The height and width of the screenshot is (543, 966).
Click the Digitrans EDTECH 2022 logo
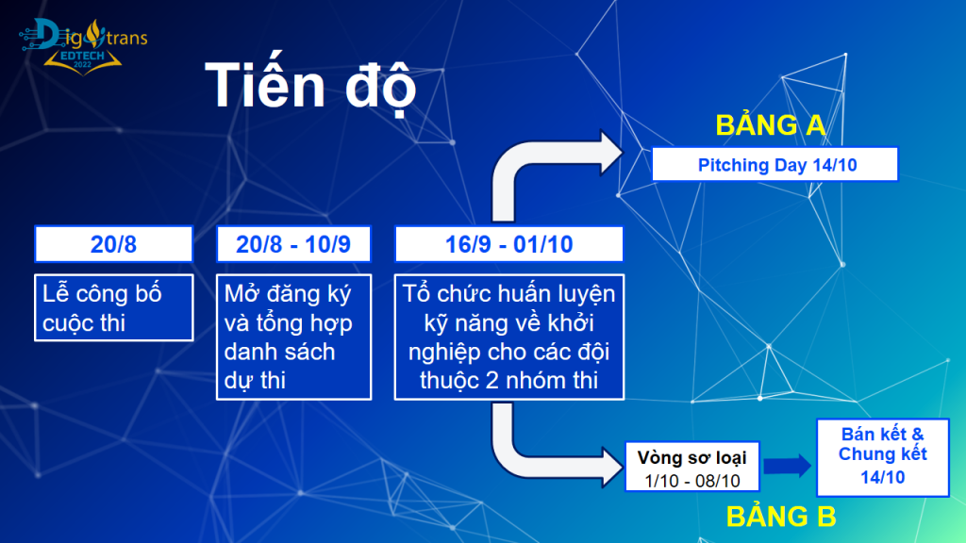(83, 47)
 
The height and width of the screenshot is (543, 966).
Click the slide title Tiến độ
(311, 86)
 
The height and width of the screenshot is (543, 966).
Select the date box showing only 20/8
(114, 244)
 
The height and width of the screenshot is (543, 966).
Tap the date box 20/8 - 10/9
(293, 244)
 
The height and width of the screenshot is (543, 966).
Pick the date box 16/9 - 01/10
(508, 244)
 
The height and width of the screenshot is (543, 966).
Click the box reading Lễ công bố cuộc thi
(114, 307)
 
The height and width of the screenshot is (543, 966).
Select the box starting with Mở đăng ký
(293, 337)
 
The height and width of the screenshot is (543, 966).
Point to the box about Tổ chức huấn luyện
(508, 337)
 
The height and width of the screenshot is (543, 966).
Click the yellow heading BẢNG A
(771, 125)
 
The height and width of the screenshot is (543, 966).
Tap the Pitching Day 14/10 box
(775, 164)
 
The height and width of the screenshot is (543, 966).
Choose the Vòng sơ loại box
(691, 467)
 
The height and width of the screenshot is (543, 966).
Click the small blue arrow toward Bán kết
(788, 466)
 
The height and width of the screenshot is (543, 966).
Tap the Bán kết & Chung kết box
(883, 457)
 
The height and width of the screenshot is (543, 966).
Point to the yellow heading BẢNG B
(781, 517)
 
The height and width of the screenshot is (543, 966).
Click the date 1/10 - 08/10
(692, 481)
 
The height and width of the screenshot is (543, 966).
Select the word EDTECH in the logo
(83, 56)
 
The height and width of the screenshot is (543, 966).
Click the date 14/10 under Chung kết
(883, 477)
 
